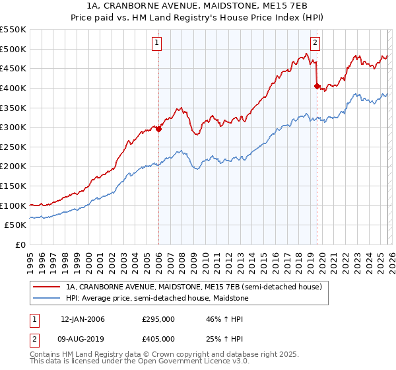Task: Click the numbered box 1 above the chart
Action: [x=158, y=43]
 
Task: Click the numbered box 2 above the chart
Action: [x=315, y=43]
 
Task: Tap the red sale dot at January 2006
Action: [x=158, y=129]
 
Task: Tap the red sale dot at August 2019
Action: [x=317, y=86]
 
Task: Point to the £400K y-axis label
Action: [x=13, y=88]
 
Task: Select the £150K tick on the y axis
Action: [x=13, y=186]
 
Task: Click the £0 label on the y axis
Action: [x=21, y=245]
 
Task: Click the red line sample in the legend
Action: [x=46, y=287]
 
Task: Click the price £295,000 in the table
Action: [x=158, y=319]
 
